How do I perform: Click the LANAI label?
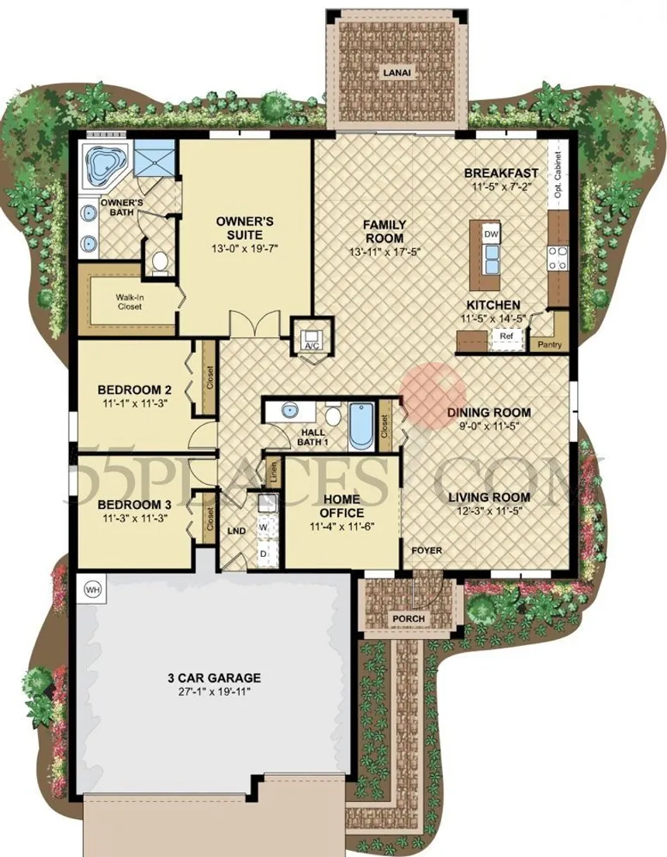pos(397,72)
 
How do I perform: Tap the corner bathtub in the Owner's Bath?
pos(105,164)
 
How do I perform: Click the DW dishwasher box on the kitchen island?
pos(491,234)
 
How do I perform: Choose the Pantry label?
pos(549,345)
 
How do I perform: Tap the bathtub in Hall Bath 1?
pos(361,427)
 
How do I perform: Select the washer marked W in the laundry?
pos(264,527)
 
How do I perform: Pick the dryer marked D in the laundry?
pos(264,554)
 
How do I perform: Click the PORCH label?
pos(409,619)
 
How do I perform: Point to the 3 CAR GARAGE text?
pos(214,678)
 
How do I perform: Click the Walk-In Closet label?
pos(129,302)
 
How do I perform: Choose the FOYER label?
pos(427,551)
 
